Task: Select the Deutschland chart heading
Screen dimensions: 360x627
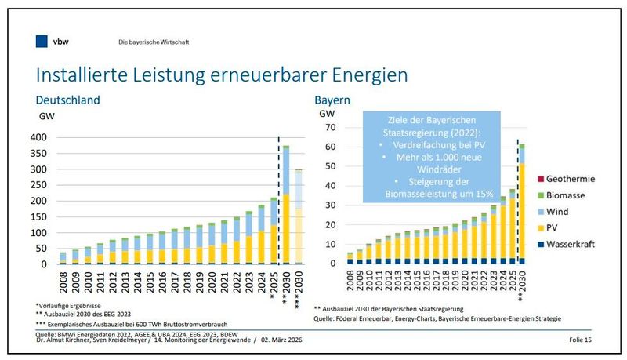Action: pyautogui.click(x=68, y=101)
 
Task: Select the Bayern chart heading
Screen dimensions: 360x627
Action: pyautogui.click(x=332, y=101)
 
